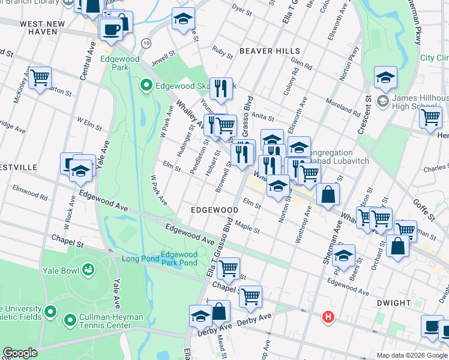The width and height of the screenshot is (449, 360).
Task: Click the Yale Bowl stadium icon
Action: pos(89,271)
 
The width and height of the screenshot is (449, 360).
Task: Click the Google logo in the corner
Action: pos(20,353)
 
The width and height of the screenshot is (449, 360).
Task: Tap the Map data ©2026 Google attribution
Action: pos(412,355)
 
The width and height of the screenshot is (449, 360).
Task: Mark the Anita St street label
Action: pos(263,118)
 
